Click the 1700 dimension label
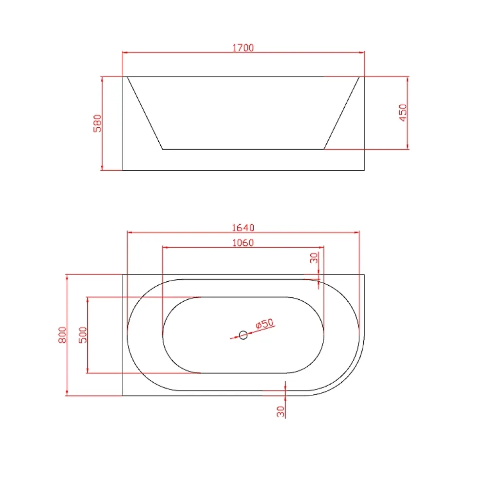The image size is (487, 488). point(243,48)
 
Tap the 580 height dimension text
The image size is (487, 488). point(97,123)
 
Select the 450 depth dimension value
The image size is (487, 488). point(403,113)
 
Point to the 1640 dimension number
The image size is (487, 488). point(243,228)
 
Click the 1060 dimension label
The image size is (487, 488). point(243,242)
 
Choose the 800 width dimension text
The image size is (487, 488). point(62,335)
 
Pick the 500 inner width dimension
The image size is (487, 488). point(83,335)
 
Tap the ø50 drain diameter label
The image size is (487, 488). point(264,324)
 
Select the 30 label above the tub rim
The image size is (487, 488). point(314,258)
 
